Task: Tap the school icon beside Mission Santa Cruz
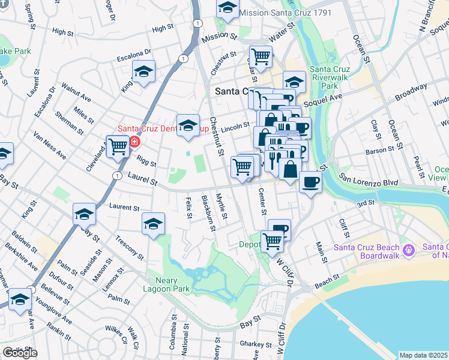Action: [x=228, y=8]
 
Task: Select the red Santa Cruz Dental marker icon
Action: [x=134, y=142]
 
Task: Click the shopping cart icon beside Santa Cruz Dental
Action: [x=118, y=146]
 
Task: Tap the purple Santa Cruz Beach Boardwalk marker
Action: [x=408, y=249]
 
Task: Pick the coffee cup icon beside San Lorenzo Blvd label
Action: [x=310, y=181]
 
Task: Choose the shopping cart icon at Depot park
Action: [x=272, y=241]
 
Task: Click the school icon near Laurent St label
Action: [x=153, y=224]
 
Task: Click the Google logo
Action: [x=20, y=353]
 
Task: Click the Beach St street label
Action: [x=327, y=280]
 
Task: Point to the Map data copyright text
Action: [x=424, y=355]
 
